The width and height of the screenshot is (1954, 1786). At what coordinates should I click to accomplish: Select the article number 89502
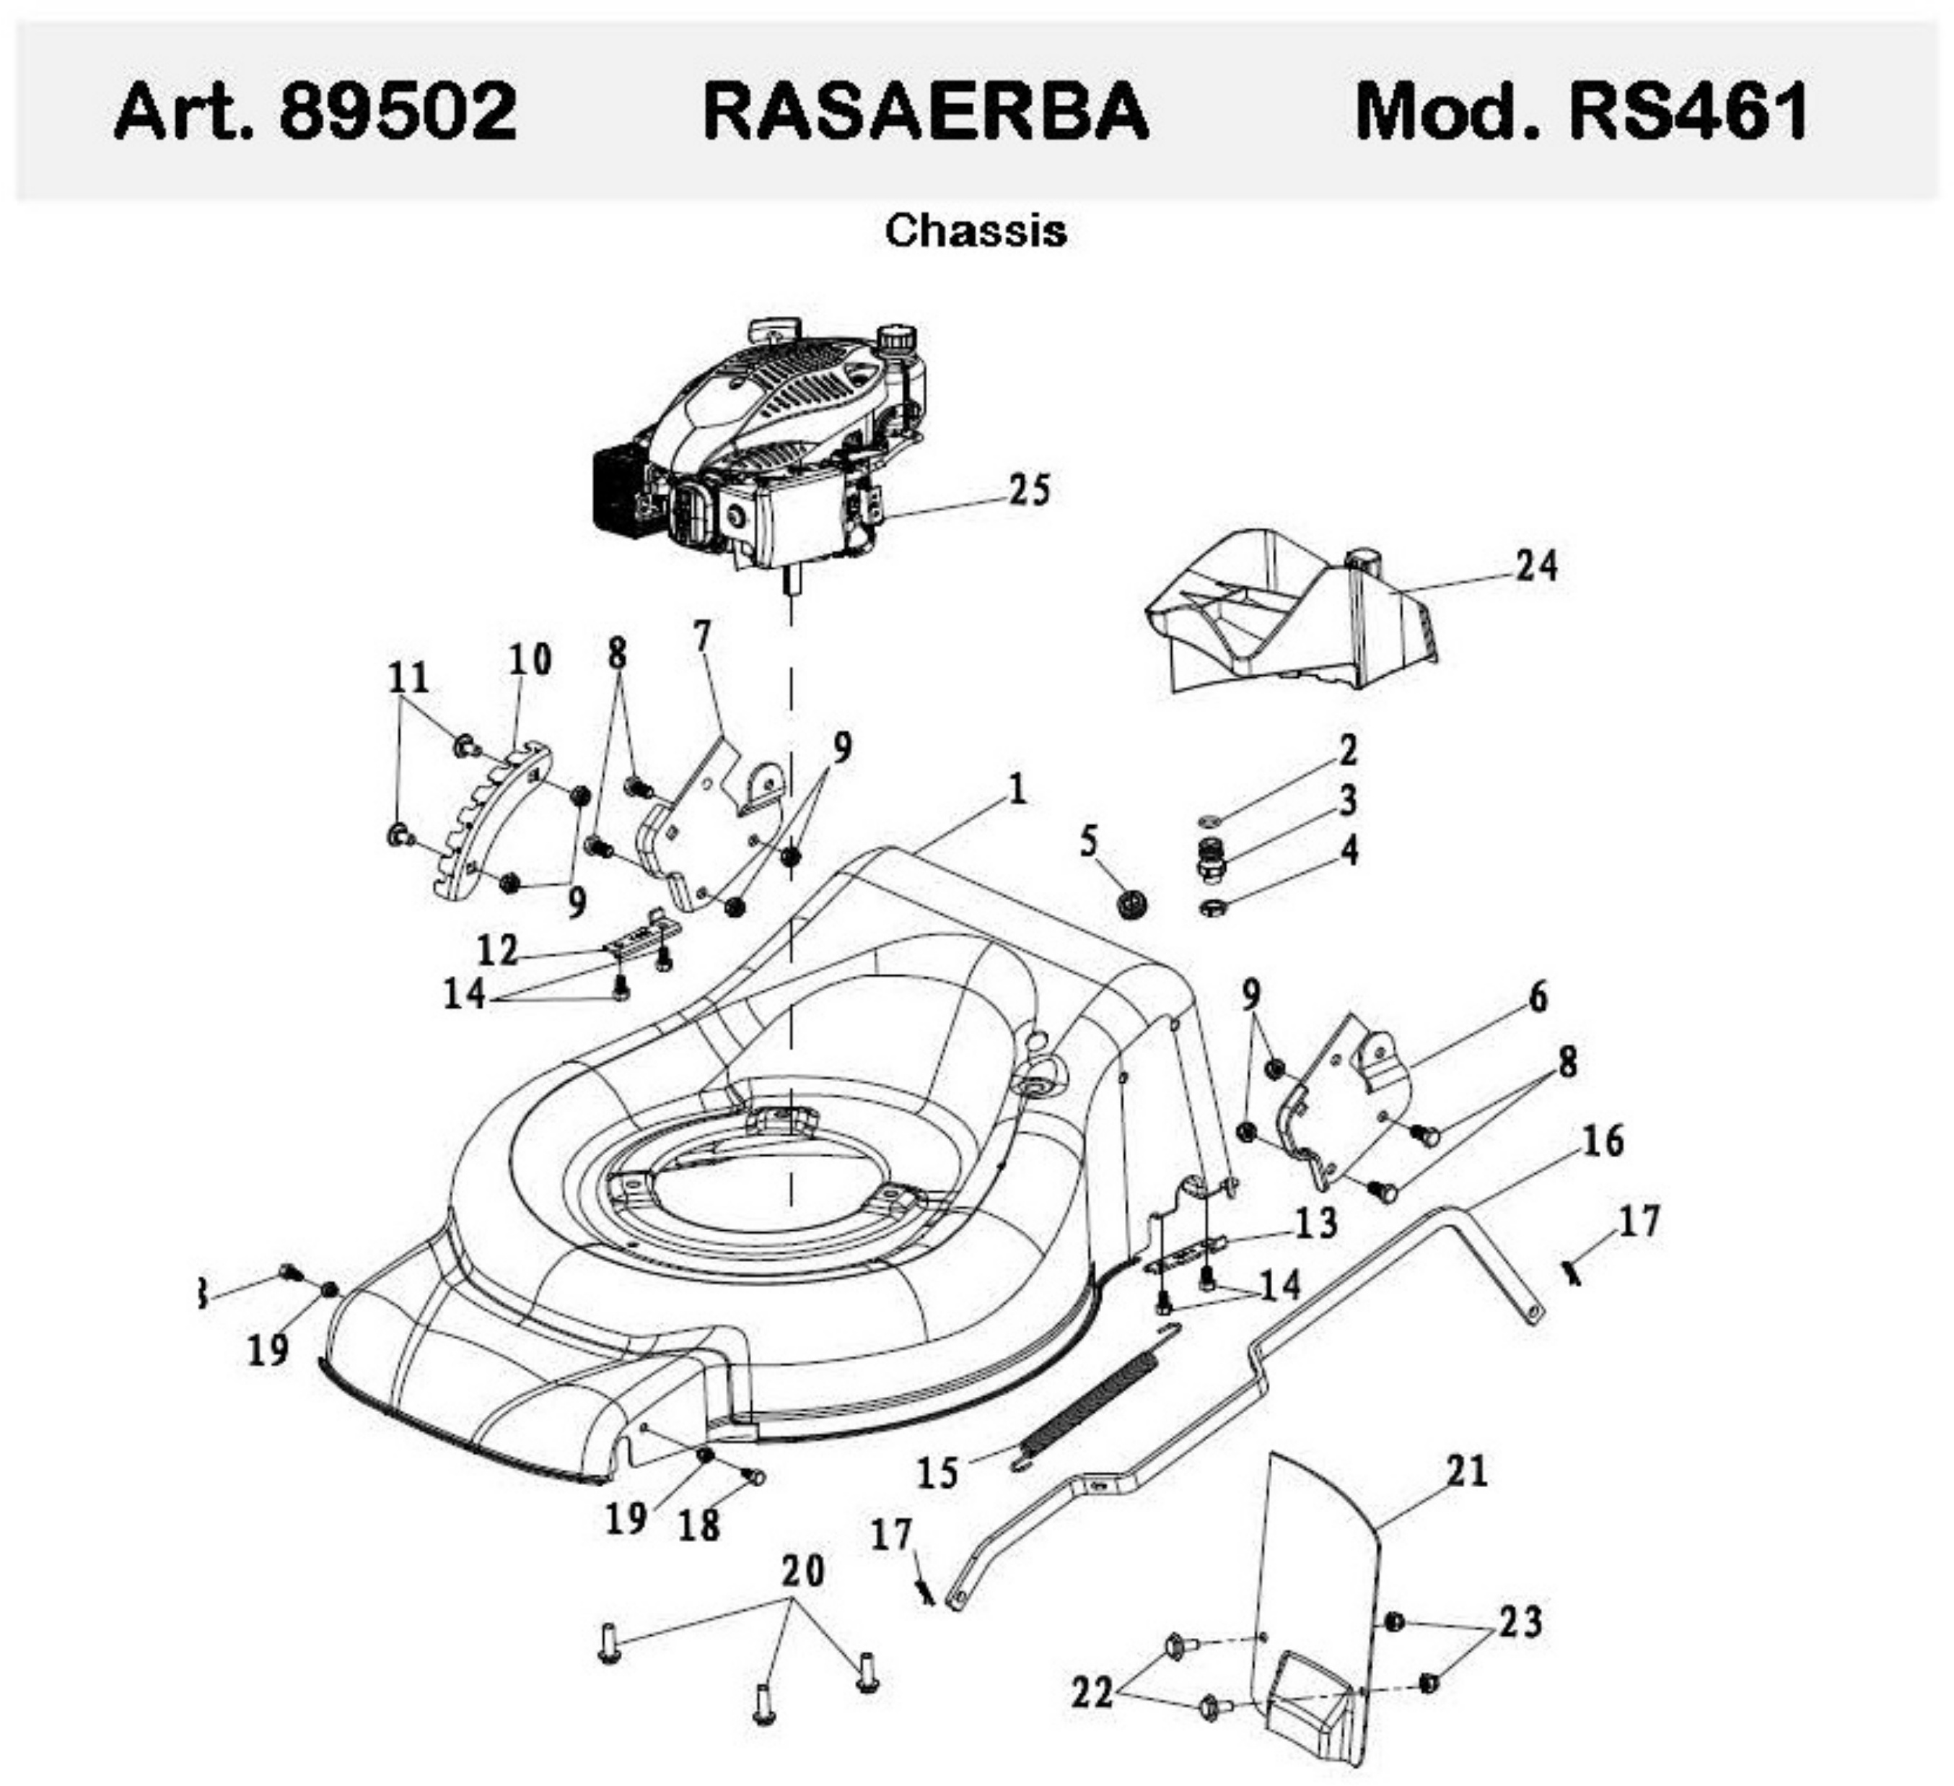[398, 111]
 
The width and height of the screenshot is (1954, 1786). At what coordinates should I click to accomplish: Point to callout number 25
[1030, 489]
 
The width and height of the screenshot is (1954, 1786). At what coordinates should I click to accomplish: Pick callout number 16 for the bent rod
[1602, 1141]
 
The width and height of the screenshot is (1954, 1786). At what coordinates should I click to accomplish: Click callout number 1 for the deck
[1017, 790]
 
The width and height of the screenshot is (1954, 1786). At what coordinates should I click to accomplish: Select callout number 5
[1090, 842]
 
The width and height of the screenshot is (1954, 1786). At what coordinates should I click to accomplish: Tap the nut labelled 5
[1131, 905]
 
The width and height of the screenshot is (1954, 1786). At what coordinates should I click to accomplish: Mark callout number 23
[1520, 1622]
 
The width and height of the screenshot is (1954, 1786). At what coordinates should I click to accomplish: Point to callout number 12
[498, 949]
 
